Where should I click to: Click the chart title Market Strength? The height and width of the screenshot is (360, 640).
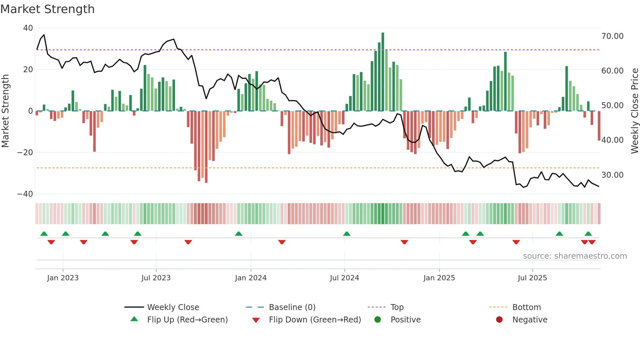(47, 9)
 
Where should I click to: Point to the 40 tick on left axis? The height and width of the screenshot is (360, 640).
(28, 28)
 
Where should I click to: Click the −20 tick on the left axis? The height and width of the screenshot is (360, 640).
(25, 153)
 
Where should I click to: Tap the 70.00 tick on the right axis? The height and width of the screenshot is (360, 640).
(612, 36)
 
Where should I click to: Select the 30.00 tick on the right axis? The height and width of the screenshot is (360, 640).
(612, 175)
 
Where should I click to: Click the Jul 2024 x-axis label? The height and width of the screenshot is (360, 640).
(344, 278)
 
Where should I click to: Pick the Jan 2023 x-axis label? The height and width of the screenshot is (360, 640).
(63, 278)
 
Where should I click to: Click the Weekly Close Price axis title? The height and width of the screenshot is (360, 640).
(634, 111)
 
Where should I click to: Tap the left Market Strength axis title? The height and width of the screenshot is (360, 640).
(5, 111)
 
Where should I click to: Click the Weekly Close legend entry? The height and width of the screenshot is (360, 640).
(173, 307)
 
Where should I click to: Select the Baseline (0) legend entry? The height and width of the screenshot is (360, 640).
(292, 307)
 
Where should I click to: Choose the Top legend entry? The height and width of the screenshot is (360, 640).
(397, 307)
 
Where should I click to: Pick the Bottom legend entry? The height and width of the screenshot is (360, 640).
(526, 307)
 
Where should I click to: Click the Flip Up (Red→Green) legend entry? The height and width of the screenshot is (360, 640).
(187, 320)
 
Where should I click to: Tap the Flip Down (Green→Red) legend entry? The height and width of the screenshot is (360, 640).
(315, 320)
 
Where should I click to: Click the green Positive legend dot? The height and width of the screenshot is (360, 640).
(377, 320)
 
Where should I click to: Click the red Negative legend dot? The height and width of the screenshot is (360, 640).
(499, 320)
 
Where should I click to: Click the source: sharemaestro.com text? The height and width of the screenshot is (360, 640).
(575, 256)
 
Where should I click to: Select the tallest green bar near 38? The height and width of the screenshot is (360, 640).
(383, 72)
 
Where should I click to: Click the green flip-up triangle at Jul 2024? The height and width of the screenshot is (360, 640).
(346, 234)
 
